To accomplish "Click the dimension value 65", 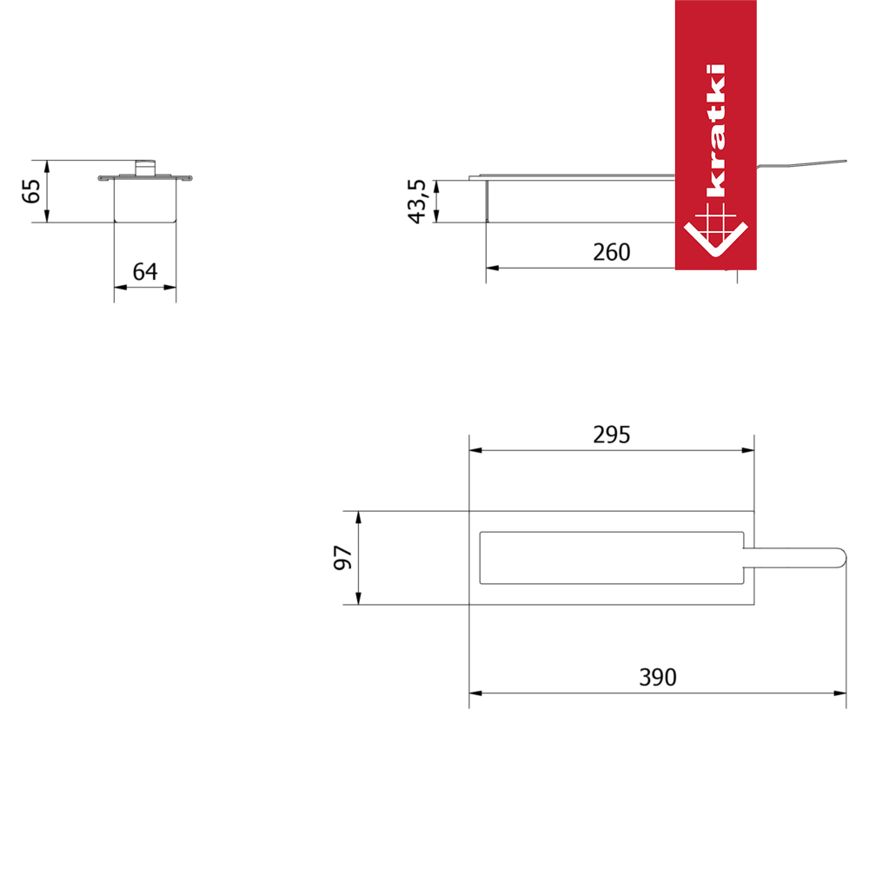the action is [x=31, y=191].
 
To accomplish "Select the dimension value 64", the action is [x=145, y=271].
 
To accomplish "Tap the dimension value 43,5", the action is [x=417, y=202].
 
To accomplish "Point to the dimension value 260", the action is [x=611, y=252].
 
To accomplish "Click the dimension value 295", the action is [x=611, y=435].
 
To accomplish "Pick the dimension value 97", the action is [x=343, y=558].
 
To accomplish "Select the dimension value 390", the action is [x=658, y=677].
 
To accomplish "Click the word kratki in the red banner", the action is [x=715, y=131].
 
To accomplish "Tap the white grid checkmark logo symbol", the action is [x=715, y=230].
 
